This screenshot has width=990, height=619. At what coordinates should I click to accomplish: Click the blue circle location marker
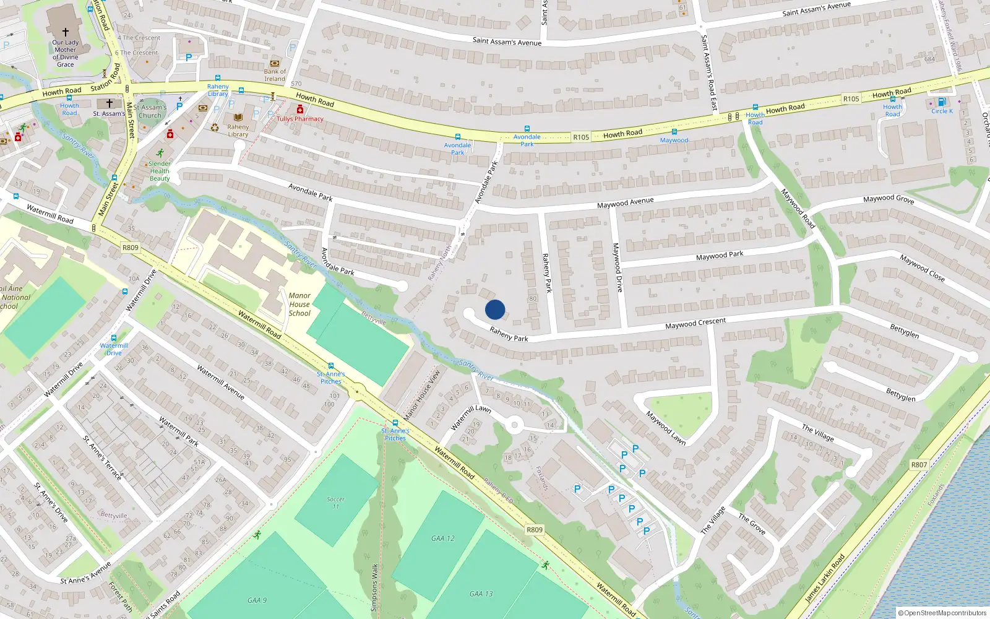click(495, 309)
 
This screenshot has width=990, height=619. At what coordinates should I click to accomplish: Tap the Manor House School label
click(299, 305)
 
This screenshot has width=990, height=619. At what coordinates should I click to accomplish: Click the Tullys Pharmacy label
click(300, 119)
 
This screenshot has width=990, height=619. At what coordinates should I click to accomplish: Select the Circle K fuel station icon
click(942, 102)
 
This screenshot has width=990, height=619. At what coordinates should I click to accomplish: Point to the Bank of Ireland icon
click(275, 63)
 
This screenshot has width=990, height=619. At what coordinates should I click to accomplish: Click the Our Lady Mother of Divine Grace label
click(66, 53)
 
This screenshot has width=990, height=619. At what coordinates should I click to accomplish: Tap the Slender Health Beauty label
click(160, 171)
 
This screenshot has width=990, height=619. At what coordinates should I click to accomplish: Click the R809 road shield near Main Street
click(131, 248)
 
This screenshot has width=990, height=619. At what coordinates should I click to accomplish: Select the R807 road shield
click(919, 465)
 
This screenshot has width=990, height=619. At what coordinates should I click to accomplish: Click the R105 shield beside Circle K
click(851, 99)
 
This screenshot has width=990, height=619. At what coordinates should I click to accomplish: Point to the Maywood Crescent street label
click(695, 324)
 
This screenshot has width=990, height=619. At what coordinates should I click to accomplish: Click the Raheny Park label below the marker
click(509, 334)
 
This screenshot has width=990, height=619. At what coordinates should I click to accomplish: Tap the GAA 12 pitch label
click(443, 539)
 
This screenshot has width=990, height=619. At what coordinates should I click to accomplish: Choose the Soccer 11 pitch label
click(336, 503)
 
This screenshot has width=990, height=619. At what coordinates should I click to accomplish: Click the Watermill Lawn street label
click(471, 417)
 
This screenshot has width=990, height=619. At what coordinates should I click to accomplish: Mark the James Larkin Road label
click(825, 579)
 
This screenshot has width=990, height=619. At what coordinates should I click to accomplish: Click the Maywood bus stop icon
click(674, 132)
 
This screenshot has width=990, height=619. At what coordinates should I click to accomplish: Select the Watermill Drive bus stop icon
click(114, 338)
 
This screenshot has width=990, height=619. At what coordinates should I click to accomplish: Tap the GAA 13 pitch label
click(481, 594)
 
